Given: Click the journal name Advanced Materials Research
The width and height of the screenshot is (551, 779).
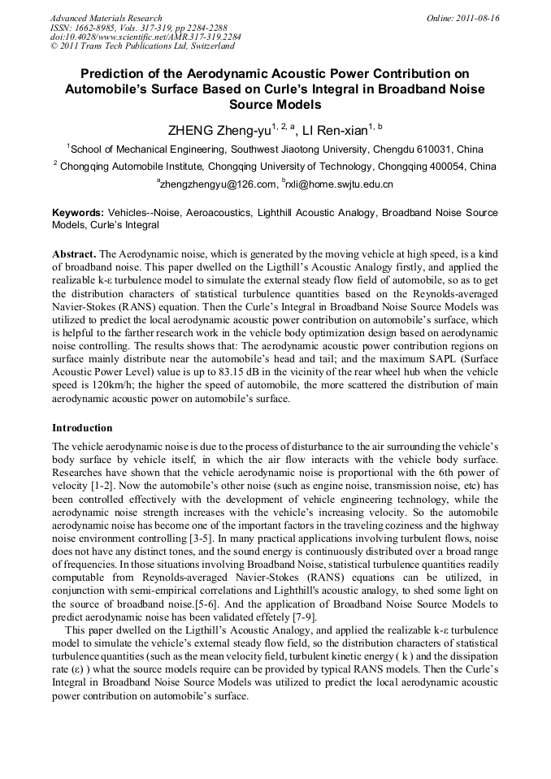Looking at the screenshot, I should [x=106, y=18].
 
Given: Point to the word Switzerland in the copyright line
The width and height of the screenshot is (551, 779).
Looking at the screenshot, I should [x=205, y=47].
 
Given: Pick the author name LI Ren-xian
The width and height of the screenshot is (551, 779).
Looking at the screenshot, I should [x=335, y=129].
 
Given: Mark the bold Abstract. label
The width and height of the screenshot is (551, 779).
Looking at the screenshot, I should [x=75, y=254].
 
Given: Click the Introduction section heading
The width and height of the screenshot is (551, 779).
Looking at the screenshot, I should [x=82, y=428].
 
